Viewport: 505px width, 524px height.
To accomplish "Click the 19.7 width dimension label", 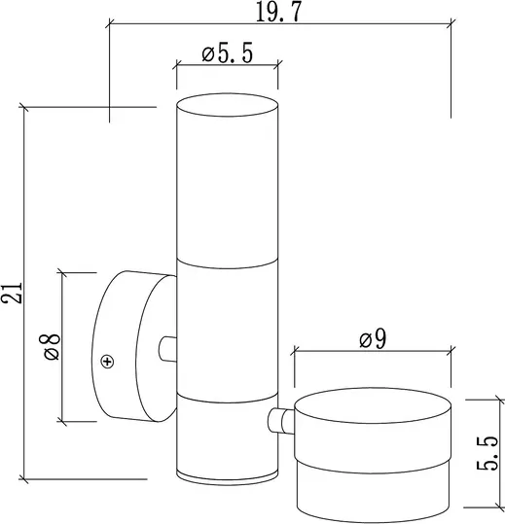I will point(279,11).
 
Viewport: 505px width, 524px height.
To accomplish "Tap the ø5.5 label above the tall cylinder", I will point(227,54).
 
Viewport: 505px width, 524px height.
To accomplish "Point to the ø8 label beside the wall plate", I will point(50,346).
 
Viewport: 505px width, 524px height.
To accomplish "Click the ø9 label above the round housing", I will point(372,339).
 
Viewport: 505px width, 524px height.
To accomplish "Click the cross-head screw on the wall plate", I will point(107,362).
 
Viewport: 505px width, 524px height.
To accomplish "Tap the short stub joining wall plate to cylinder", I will point(167,347).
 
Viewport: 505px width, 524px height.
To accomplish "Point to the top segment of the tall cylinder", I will point(227,180).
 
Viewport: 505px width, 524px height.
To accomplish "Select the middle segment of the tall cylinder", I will point(227,331).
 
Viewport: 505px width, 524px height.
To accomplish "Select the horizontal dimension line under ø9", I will point(373,354).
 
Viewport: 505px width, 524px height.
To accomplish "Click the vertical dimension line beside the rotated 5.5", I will point(470,453).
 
